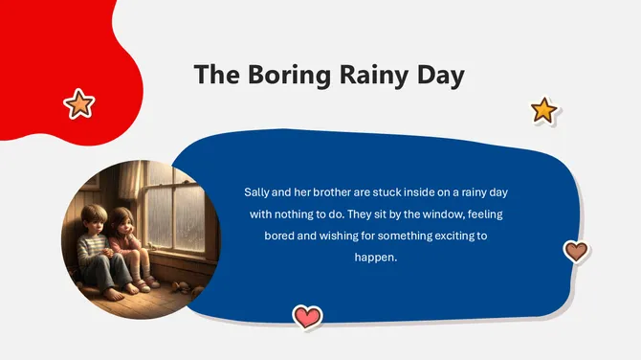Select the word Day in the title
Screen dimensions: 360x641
tap(438, 75)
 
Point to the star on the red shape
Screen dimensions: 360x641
tap(78, 102)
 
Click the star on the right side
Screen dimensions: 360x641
tap(543, 110)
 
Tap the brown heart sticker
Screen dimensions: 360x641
tap(575, 251)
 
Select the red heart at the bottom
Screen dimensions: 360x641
tap(307, 316)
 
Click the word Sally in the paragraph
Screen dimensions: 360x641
tap(257, 192)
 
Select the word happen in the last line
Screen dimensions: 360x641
tap(375, 258)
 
